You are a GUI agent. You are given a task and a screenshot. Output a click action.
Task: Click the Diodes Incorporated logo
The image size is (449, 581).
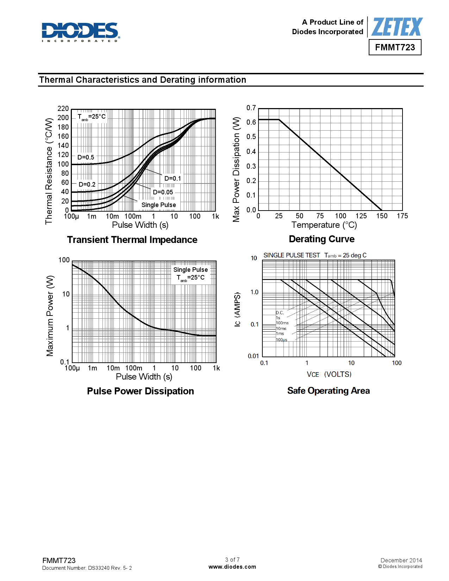(x=81, y=32)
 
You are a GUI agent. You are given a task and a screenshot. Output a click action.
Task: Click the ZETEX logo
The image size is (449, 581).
(x=397, y=27)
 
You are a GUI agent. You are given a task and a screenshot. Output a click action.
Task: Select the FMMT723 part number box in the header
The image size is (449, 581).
(x=395, y=48)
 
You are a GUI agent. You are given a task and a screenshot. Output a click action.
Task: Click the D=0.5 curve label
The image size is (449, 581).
(x=86, y=157)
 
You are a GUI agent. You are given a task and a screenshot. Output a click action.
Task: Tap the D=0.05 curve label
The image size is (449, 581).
(x=163, y=192)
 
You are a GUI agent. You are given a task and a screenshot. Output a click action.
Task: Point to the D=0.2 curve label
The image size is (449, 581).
(x=87, y=185)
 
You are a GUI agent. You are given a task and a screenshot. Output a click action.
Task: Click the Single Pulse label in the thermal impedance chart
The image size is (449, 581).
(x=158, y=205)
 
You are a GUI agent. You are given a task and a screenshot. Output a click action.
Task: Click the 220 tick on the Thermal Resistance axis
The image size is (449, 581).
(x=63, y=108)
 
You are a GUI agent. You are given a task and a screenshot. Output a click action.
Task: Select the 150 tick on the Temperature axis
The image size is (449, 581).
(x=382, y=216)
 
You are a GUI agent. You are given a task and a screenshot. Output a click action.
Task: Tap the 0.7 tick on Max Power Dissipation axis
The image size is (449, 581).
(x=251, y=108)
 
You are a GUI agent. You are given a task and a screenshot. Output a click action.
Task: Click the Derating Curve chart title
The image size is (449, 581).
(x=322, y=239)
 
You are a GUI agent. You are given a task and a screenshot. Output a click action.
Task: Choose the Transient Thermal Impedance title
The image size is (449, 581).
(x=132, y=240)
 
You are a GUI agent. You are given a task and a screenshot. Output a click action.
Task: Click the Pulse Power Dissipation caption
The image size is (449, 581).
(x=140, y=391)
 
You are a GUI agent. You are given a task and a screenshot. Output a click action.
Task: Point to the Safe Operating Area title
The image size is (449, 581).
(x=328, y=391)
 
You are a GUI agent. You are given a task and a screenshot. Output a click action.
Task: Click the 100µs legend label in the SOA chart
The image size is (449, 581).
(x=281, y=340)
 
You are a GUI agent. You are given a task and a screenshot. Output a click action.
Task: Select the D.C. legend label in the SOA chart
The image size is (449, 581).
(x=280, y=313)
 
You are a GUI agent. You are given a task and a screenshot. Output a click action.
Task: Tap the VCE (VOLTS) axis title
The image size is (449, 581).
(x=329, y=374)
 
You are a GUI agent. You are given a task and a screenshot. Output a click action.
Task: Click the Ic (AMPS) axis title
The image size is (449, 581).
(x=238, y=309)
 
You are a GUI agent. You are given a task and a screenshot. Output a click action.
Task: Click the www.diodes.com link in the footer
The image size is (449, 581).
(x=232, y=567)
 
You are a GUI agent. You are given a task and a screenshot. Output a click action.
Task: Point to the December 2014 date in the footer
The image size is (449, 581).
(x=401, y=560)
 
